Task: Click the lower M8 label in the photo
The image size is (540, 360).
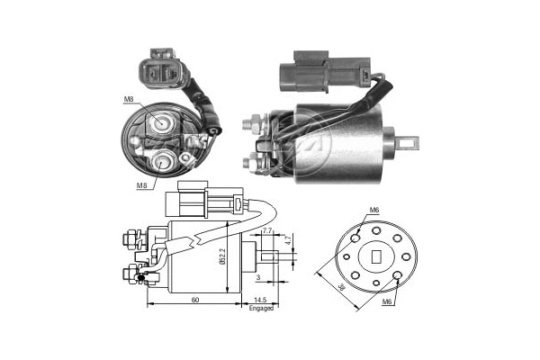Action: [141, 186]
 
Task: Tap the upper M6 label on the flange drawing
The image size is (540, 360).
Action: [373, 211]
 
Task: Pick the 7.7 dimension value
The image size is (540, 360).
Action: [266, 231]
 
